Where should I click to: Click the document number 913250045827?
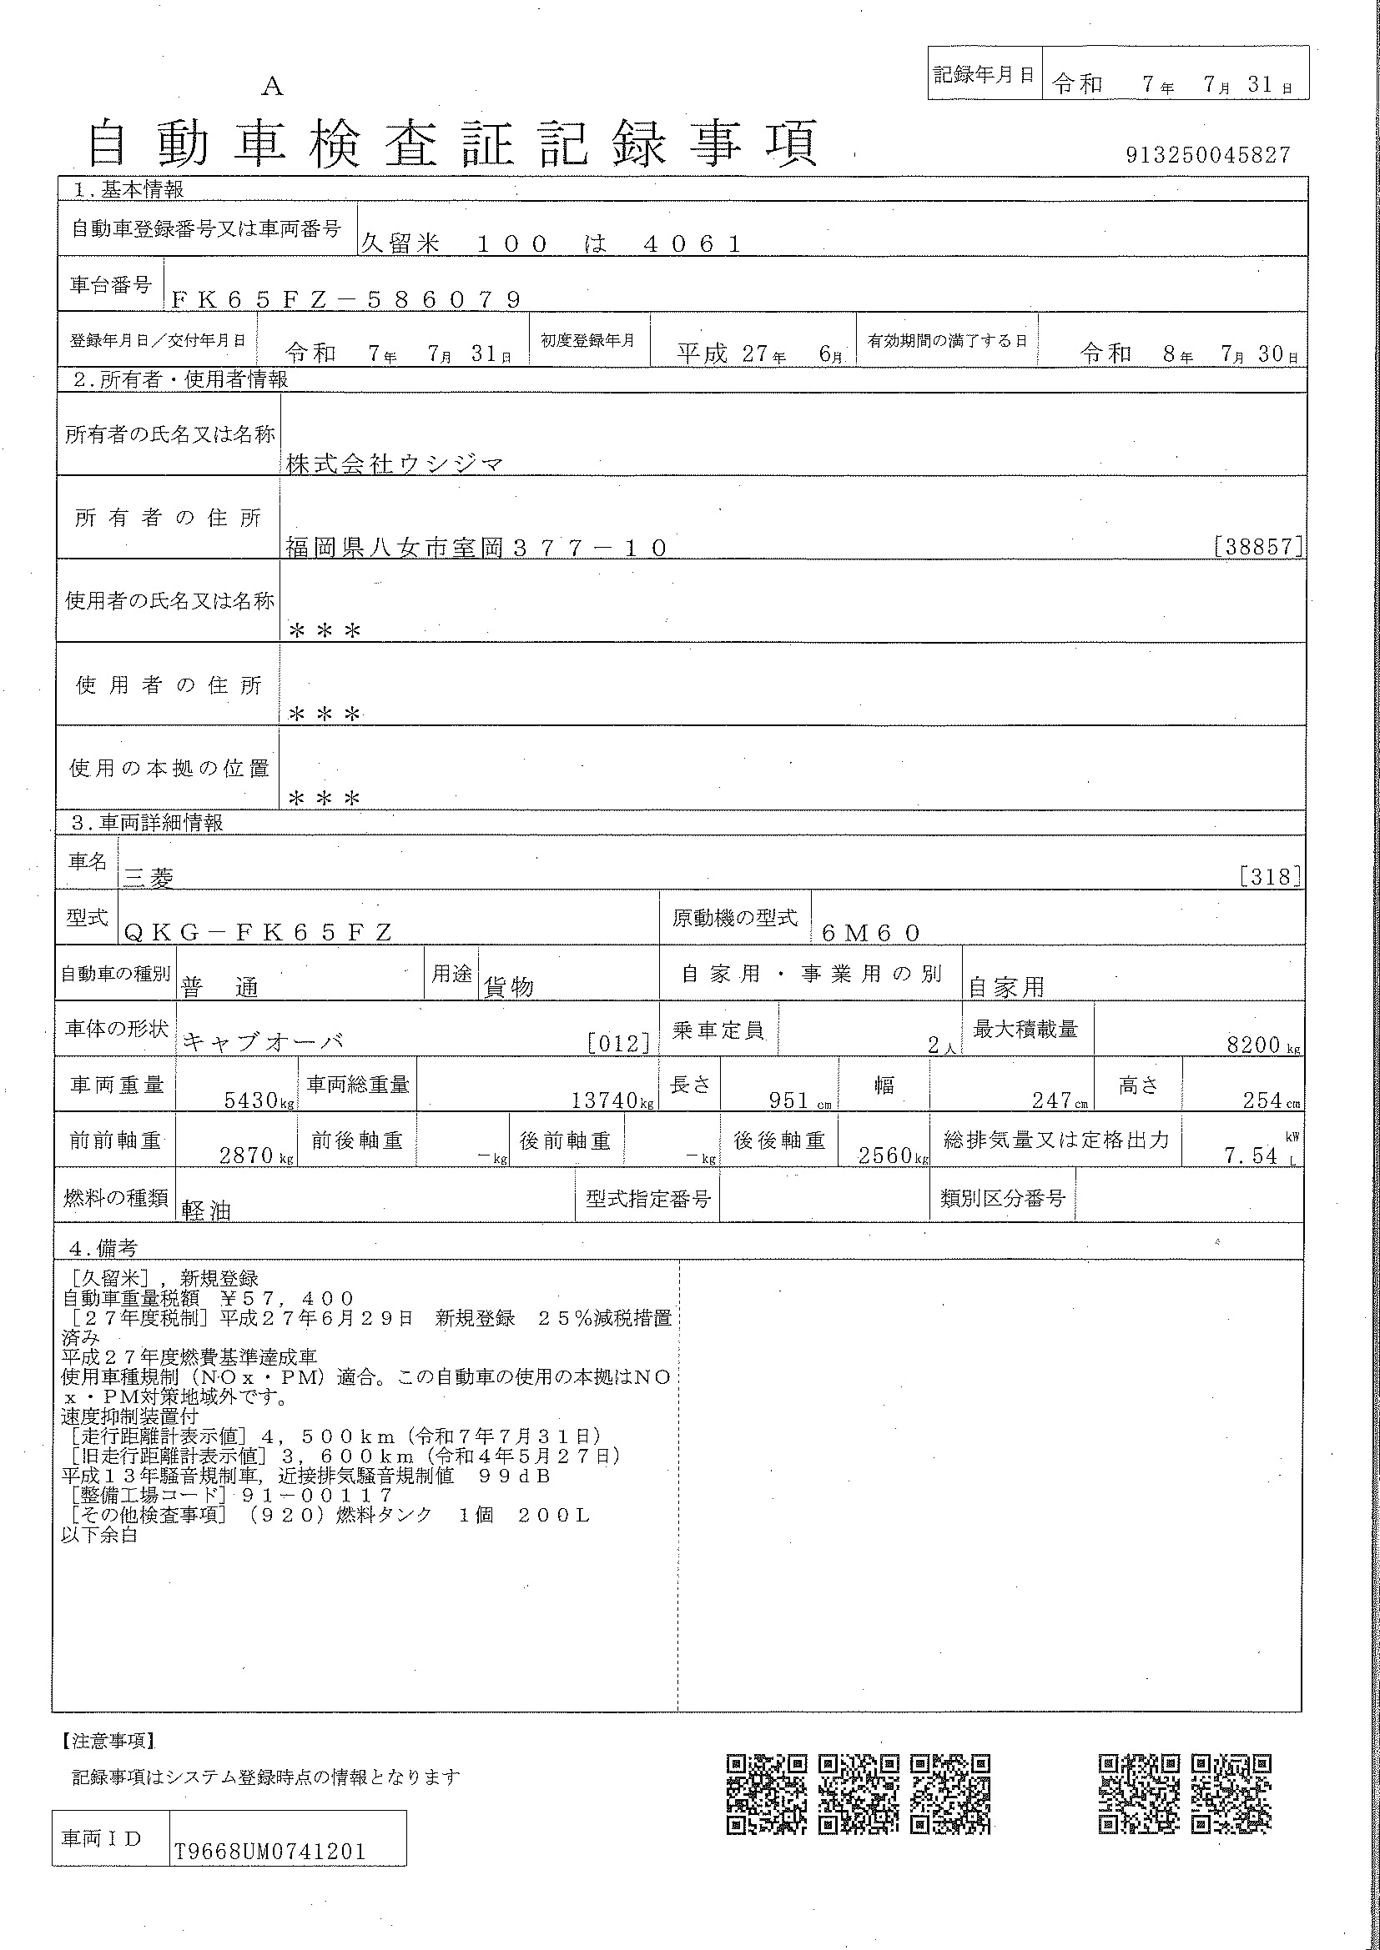click(1207, 155)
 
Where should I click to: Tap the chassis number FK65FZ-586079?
click(346, 299)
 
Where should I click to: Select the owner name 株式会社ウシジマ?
click(395, 464)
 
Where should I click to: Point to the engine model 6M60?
click(871, 933)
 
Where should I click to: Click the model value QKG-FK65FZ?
click(259, 933)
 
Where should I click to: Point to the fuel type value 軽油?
click(206, 1211)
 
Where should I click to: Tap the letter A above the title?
click(272, 86)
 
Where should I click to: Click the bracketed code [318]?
click(1271, 876)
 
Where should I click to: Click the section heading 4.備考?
click(103, 1249)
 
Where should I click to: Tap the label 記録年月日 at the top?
click(983, 75)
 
